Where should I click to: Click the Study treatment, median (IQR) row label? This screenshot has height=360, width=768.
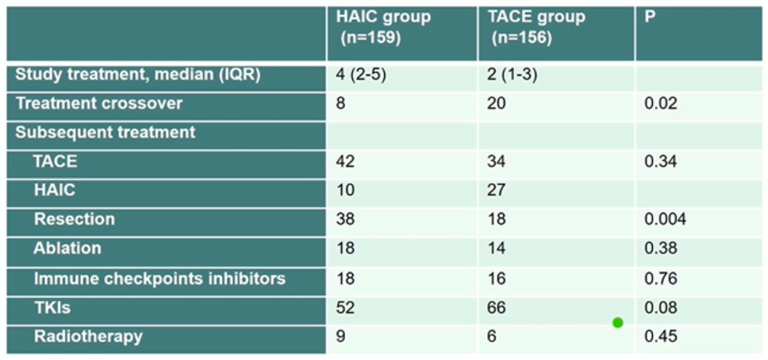pyautogui.click(x=139, y=76)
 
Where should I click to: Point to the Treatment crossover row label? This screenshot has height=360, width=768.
pyautogui.click(x=99, y=104)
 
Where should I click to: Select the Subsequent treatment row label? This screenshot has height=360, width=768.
pyautogui.click(x=106, y=132)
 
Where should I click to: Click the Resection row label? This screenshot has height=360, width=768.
pyautogui.click(x=74, y=219)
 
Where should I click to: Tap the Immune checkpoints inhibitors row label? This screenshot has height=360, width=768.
pyautogui.click(x=159, y=278)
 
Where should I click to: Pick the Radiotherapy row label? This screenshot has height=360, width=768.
pyautogui.click(x=88, y=336)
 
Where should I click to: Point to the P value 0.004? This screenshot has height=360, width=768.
pyautogui.click(x=665, y=220)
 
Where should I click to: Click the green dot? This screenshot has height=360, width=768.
pyautogui.click(x=618, y=323)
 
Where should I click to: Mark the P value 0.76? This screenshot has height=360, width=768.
pyautogui.click(x=661, y=278)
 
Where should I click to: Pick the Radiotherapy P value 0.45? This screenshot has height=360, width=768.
pyautogui.click(x=661, y=337)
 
